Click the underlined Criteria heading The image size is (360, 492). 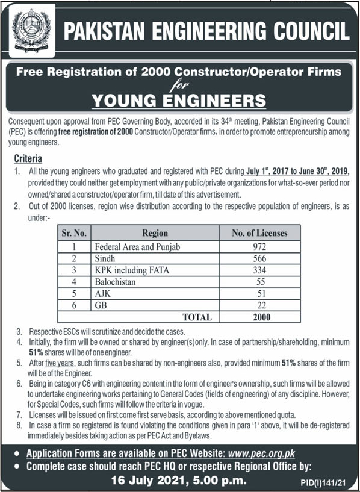(28, 159)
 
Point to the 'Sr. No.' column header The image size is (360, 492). (73, 232)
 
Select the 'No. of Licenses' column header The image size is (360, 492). (259, 232)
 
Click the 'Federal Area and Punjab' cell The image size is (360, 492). (129, 247)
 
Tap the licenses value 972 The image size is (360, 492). (259, 247)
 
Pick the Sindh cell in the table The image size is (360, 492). (105, 258)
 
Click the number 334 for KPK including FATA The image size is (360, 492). (259, 270)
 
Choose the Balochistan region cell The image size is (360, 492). (116, 281)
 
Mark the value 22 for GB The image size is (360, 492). (259, 305)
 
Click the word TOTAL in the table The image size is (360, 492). (196, 316)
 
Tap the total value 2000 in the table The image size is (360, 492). (259, 316)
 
